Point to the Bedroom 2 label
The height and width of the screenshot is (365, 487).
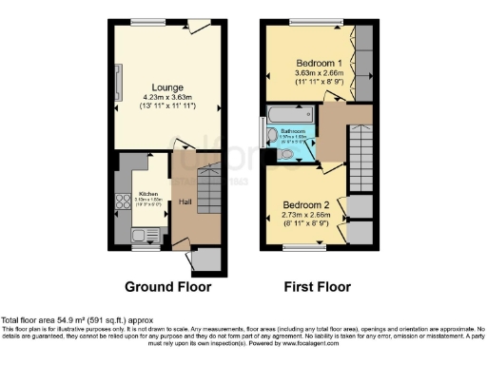(x=306, y=205)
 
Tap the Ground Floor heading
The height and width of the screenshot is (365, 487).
(x=166, y=286)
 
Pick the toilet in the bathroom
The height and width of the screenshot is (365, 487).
(x=287, y=152)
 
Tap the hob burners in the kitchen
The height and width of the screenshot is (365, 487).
(x=121, y=201)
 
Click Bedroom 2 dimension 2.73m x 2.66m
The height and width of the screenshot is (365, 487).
(x=306, y=216)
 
